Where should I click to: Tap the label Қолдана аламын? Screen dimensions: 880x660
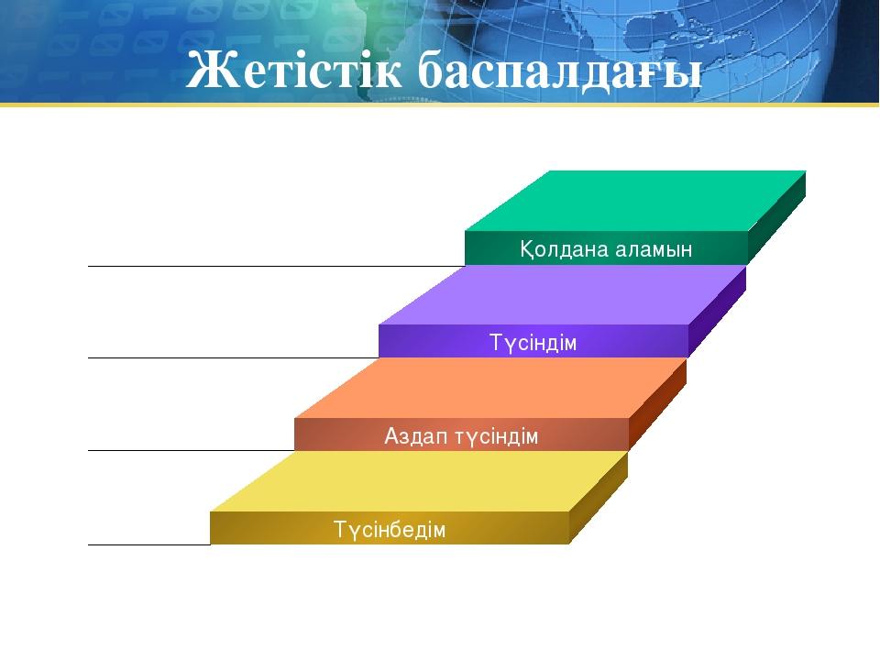(x=606, y=249)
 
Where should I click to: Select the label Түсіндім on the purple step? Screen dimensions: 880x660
(x=533, y=342)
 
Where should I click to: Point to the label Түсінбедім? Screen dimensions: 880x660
(x=390, y=529)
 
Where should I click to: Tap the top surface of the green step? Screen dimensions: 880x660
(x=635, y=201)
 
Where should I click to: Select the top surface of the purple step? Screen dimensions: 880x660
(x=562, y=295)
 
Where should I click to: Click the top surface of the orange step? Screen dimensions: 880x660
(x=490, y=389)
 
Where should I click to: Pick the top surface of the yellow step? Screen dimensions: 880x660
(x=419, y=481)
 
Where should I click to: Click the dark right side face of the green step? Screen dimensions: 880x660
(x=777, y=218)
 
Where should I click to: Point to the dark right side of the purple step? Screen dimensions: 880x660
(x=717, y=312)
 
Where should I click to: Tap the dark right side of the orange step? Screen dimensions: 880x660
(x=658, y=404)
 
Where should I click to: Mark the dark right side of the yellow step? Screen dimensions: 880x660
(x=599, y=497)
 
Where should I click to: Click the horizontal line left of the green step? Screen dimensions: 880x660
(x=277, y=266)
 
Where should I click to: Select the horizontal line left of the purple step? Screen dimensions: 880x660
(x=234, y=357)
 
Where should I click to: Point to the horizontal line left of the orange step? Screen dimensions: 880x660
(x=192, y=450)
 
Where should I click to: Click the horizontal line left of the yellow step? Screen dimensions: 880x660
(x=149, y=544)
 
